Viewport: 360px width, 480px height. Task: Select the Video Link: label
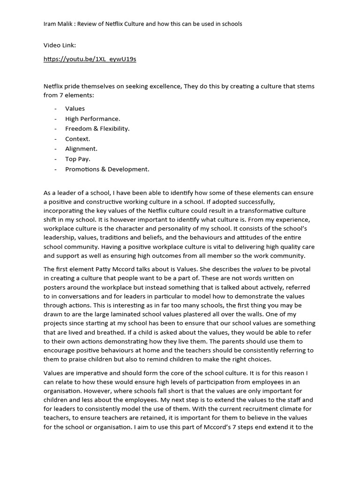pyautogui.click(x=60, y=45)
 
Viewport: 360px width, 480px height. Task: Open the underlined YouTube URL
pyautogui.click(x=90, y=59)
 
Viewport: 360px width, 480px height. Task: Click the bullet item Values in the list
pyautogui.click(x=75, y=109)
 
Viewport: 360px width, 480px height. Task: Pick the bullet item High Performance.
pyautogui.click(x=93, y=119)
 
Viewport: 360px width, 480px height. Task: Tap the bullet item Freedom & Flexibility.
pyautogui.click(x=97, y=129)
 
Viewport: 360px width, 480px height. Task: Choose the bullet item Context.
pyautogui.click(x=78, y=139)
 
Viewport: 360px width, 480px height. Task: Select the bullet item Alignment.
pyautogui.click(x=82, y=149)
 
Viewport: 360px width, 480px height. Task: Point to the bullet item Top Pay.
pyautogui.click(x=78, y=159)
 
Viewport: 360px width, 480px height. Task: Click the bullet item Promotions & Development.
pyautogui.click(x=107, y=170)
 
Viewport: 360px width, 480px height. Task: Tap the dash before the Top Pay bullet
pyautogui.click(x=55, y=159)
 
